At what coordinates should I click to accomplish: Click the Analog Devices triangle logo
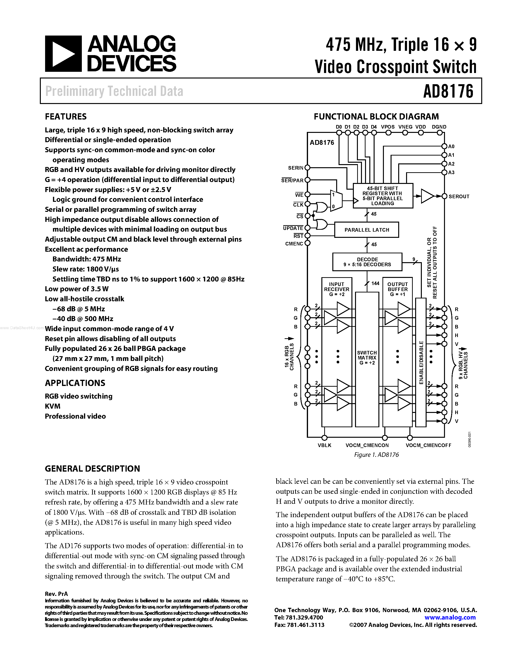tap(63, 54)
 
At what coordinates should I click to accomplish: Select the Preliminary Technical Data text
tap(114, 91)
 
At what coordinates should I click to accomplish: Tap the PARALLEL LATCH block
tap(366, 230)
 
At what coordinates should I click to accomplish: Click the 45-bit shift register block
tap(383, 196)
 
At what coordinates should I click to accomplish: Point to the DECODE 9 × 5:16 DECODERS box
tap(367, 262)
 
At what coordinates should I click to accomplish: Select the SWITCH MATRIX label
tap(367, 357)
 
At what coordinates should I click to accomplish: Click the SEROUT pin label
tap(459, 196)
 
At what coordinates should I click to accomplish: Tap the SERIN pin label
tap(296, 168)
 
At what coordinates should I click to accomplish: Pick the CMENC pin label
tap(294, 244)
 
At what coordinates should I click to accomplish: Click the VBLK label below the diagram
tap(324, 445)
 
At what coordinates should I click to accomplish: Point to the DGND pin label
tap(439, 127)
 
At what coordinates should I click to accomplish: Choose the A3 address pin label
tap(451, 172)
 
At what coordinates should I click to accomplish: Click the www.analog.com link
tap(450, 617)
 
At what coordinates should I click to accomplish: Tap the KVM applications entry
tap(52, 406)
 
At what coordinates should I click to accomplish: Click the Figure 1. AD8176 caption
tap(376, 455)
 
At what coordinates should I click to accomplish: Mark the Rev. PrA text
tap(56, 594)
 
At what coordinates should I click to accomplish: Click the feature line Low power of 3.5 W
tap(77, 289)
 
